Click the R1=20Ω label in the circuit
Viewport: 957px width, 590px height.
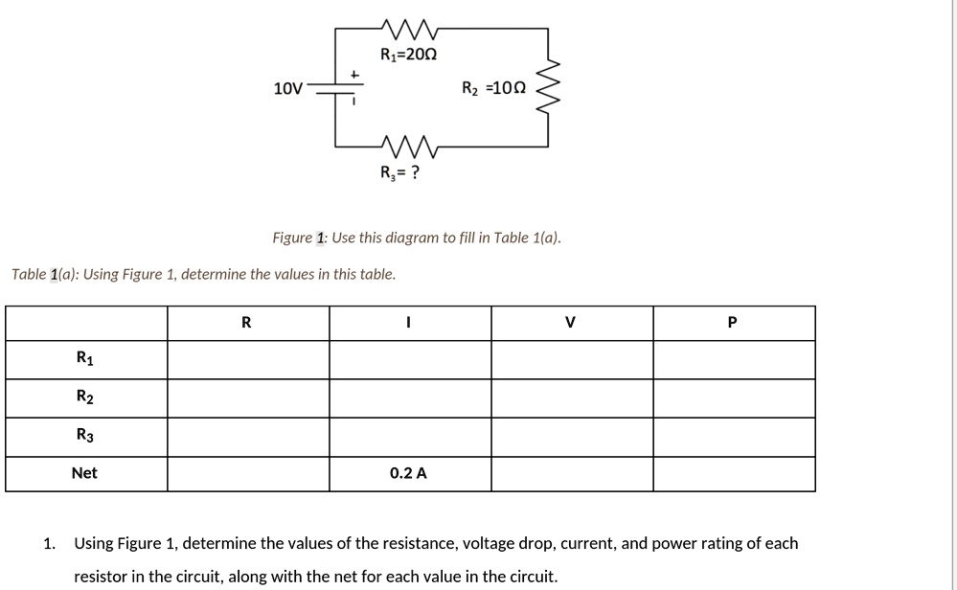click(x=408, y=55)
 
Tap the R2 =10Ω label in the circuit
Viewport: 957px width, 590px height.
click(x=493, y=89)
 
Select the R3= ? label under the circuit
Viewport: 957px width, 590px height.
click(x=399, y=173)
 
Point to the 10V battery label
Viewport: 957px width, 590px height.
click(x=287, y=89)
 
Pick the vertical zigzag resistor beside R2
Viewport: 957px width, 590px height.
click(x=548, y=88)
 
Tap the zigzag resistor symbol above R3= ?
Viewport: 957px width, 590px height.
click(x=409, y=146)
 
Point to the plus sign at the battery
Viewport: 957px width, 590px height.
click(x=354, y=73)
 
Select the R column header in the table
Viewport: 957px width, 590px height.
click(x=247, y=323)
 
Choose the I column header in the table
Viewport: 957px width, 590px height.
click(x=408, y=323)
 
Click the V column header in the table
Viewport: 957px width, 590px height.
click(x=571, y=323)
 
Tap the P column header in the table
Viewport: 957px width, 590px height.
click(x=733, y=323)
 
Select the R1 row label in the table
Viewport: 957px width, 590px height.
click(x=84, y=359)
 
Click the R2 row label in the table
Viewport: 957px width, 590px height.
click(x=84, y=397)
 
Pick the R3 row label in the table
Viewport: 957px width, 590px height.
click(x=84, y=436)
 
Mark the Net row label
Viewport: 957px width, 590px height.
click(x=84, y=473)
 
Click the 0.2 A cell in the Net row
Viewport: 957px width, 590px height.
click(x=408, y=473)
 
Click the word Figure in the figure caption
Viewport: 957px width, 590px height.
click(x=292, y=238)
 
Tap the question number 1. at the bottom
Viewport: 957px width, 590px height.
click(x=49, y=544)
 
